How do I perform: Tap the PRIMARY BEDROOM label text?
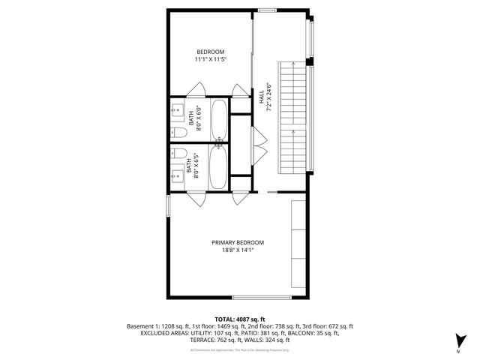coord(238,242)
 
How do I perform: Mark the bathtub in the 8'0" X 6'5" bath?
coord(219,167)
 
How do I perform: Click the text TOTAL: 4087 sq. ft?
coord(239,319)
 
